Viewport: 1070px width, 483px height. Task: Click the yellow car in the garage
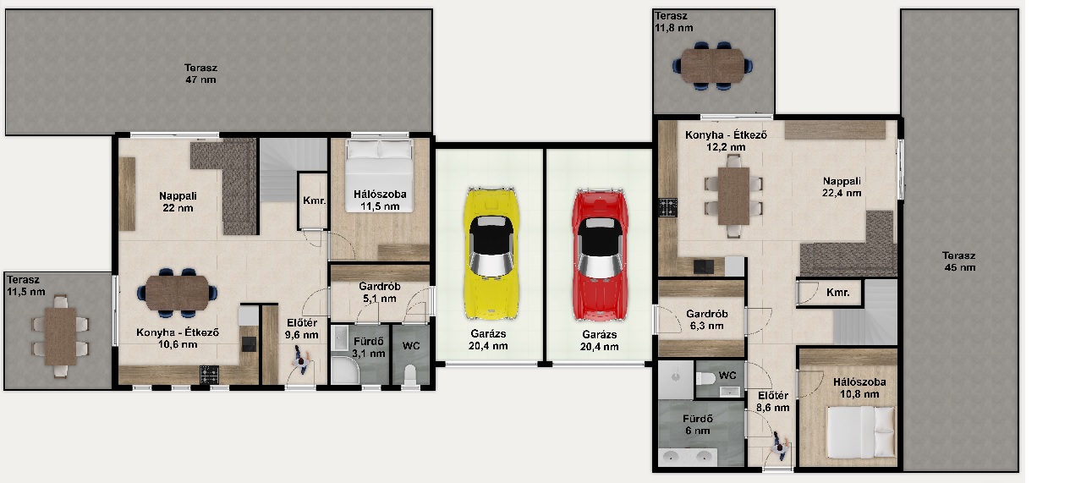491,253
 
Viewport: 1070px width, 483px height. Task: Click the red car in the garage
600,254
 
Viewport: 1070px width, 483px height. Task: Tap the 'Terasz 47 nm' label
200,74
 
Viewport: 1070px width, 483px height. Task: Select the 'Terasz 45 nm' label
959,261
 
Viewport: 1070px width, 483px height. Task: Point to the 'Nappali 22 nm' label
178,201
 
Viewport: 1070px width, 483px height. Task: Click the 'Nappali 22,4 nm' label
842,187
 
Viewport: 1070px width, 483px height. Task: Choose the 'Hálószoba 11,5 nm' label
380,200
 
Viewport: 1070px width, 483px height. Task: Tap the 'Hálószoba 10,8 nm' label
859,388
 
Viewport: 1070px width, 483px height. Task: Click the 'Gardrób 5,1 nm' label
379,293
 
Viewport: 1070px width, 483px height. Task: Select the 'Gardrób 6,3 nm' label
707,320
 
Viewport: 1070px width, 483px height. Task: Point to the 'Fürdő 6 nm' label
698,425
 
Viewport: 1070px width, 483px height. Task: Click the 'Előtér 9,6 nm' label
302,329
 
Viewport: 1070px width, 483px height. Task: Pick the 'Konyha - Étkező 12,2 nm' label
726,141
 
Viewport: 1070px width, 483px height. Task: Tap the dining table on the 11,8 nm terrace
712,65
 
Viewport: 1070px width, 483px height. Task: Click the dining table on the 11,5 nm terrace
60,337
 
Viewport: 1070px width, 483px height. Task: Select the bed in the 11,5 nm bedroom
379,175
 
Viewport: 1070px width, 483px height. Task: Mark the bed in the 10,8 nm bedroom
861,432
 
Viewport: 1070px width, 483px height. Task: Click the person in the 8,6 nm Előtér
780,447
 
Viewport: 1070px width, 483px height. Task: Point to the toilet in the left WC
410,375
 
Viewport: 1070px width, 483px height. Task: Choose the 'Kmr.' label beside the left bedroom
315,200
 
